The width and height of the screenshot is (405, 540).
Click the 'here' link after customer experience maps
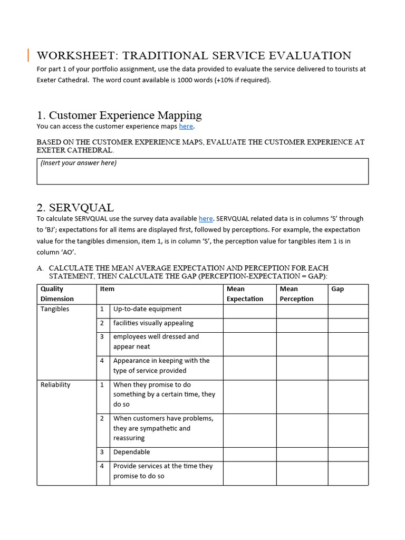(x=186, y=127)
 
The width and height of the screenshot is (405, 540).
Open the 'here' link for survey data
(x=206, y=218)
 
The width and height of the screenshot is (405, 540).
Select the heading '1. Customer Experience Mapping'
(x=119, y=115)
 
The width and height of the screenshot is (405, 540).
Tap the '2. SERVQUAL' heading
(x=75, y=207)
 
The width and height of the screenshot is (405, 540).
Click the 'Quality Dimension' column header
(x=52, y=294)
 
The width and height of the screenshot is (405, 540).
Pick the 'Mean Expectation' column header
(x=245, y=294)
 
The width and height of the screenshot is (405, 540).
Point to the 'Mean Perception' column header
(x=296, y=294)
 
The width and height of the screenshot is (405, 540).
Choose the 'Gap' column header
(x=337, y=289)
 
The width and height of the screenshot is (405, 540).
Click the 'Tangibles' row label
(x=55, y=309)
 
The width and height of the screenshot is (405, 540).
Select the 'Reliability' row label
(x=55, y=385)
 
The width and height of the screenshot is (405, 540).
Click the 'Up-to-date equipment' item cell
(x=147, y=309)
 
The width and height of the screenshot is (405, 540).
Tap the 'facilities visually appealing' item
(x=153, y=323)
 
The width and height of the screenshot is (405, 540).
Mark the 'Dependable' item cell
(x=131, y=452)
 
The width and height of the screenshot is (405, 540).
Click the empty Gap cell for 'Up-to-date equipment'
(x=348, y=311)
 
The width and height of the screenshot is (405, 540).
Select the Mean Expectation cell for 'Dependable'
(x=249, y=454)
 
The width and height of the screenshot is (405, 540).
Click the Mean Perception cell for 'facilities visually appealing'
(x=302, y=325)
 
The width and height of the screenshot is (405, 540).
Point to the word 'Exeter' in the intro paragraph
(x=48, y=80)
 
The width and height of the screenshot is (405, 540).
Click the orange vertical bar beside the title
(x=28, y=55)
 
